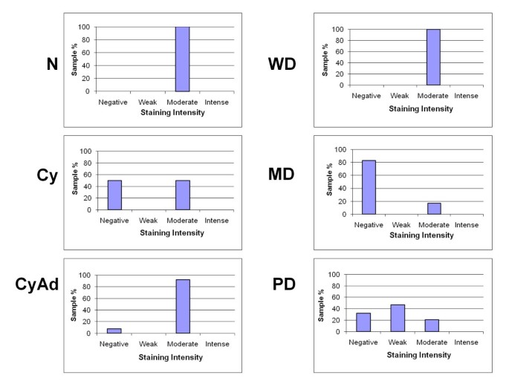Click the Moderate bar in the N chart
pos(182,59)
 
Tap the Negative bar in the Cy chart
pos(114,195)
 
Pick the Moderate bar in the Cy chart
pos(182,195)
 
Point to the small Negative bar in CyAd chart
pos(114,330)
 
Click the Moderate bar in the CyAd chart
pos(182,306)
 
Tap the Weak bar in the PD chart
pos(398,318)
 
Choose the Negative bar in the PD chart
pos(364,322)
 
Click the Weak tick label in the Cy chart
pos(149,221)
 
